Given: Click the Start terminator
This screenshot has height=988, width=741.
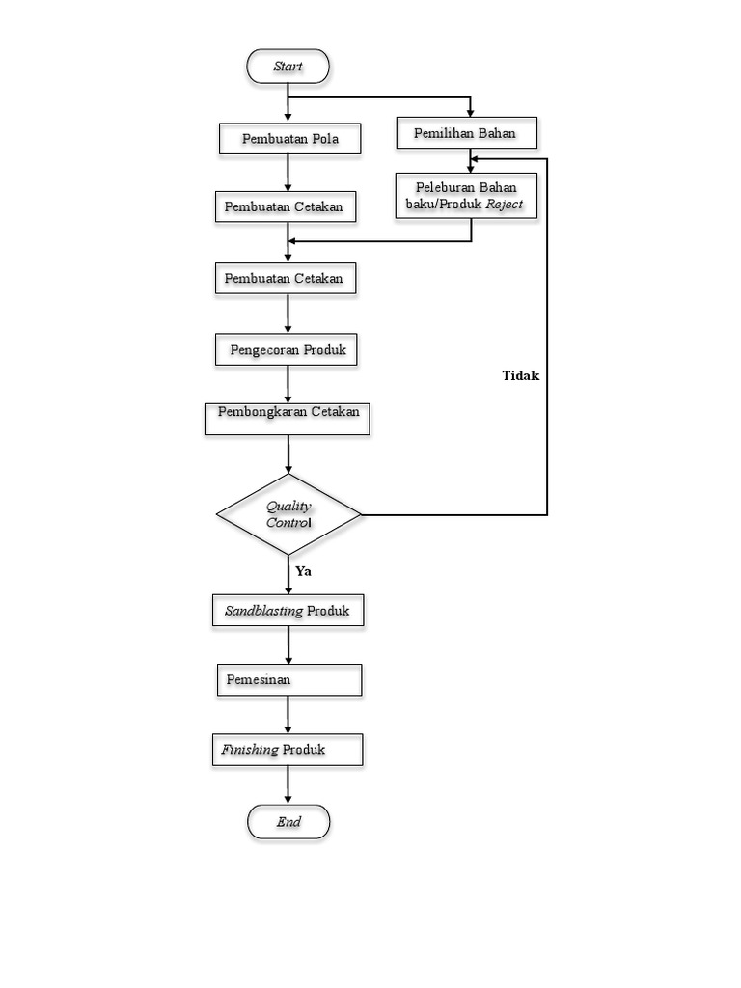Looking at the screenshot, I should tap(288, 67).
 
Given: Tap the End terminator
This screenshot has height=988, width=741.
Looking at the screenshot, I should tap(288, 822).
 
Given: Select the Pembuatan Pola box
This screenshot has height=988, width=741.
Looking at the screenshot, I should tap(288, 139).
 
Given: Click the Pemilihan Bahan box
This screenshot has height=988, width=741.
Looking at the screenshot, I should tap(465, 133).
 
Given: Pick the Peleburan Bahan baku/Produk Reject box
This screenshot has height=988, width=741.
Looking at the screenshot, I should tap(465, 196).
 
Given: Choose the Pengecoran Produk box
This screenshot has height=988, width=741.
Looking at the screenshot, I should tap(286, 349).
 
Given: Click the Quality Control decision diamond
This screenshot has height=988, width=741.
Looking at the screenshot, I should tap(288, 514).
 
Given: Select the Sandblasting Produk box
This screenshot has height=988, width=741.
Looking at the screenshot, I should tap(288, 611).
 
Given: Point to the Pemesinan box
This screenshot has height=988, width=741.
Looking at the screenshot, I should tap(288, 679).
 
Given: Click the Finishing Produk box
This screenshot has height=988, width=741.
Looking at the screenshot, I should tap(288, 750).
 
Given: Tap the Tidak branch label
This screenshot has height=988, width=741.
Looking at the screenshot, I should tap(521, 376).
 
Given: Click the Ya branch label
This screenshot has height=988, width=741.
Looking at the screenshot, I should tap(303, 571).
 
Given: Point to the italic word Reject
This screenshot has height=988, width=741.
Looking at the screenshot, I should tap(505, 205).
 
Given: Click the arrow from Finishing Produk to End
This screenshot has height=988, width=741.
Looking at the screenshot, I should tap(288, 785).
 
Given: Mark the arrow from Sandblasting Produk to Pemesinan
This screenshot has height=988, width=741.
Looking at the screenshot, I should tap(288, 645).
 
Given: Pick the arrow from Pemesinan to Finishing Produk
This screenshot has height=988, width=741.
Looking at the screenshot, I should tap(288, 715).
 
